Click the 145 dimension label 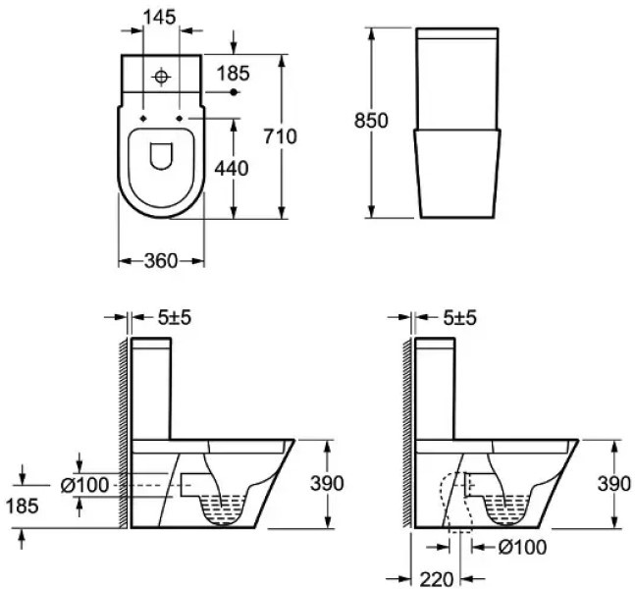coord(160,18)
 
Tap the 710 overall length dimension coord(281,136)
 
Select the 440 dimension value coord(232,168)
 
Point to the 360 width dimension coord(161,261)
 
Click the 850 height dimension coord(371,121)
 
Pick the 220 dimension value coord(436,579)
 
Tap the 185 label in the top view coord(234,74)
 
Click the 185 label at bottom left coord(23,506)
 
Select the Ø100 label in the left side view coord(84,485)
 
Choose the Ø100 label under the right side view coord(522,547)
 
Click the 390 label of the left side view coord(327,483)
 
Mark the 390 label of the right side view coord(614,484)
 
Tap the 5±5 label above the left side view coord(174,318)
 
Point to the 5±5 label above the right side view coord(459,318)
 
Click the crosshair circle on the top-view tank coord(161,77)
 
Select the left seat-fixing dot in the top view coord(143,118)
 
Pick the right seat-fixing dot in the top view coord(180,118)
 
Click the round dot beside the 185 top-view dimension coord(234,92)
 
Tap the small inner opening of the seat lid coord(161,156)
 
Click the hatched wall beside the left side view coord(124,432)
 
